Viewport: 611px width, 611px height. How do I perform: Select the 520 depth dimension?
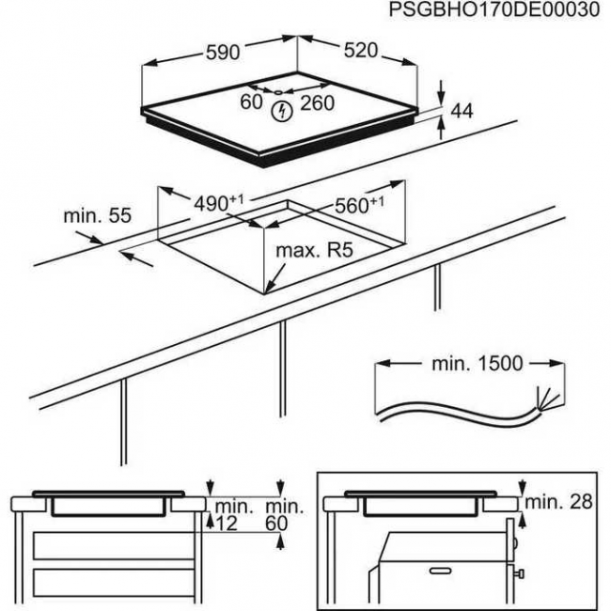click(360, 52)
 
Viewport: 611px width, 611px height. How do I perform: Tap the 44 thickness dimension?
click(461, 112)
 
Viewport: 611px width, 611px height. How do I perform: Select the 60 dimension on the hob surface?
click(251, 102)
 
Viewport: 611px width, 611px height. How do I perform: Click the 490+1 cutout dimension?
click(217, 203)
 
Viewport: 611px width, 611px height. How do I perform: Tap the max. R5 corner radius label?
click(312, 252)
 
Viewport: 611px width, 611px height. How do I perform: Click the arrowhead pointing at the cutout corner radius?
click(269, 287)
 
